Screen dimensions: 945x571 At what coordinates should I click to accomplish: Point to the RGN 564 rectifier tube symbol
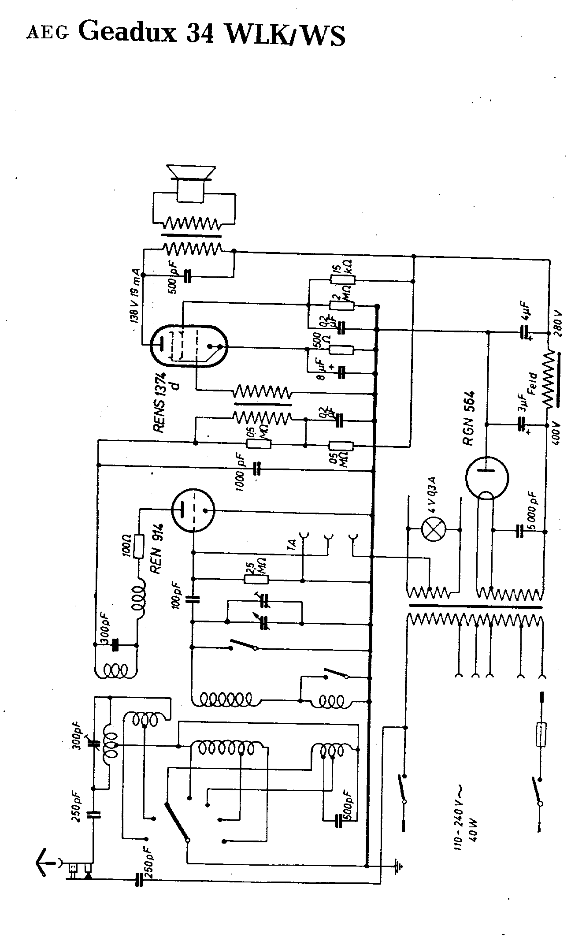tap(487, 477)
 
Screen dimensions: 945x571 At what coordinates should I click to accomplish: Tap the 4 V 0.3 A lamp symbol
tap(434, 528)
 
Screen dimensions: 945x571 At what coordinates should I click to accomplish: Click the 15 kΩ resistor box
tap(342, 280)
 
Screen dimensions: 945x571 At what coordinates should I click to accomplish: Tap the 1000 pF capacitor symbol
tap(257, 468)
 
